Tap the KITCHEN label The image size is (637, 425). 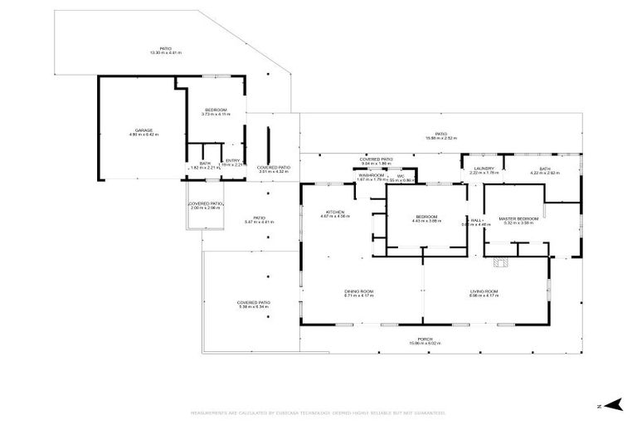[x=335, y=212]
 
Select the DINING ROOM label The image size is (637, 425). [x=360, y=291]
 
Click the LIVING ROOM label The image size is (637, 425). [x=484, y=291]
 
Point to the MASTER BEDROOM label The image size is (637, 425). [x=519, y=218]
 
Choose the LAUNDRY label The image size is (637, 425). [x=484, y=169]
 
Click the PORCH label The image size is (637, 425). [x=425, y=339]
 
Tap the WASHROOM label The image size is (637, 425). [x=371, y=175]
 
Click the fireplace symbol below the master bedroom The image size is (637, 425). [x=498, y=263]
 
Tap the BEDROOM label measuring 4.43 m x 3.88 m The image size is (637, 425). [x=426, y=217]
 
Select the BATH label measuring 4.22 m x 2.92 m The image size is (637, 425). [x=545, y=169]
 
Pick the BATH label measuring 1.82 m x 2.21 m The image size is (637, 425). [x=204, y=164]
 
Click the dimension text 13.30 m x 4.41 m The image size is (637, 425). [x=166, y=53]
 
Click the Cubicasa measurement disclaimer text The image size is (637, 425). [x=318, y=413]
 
